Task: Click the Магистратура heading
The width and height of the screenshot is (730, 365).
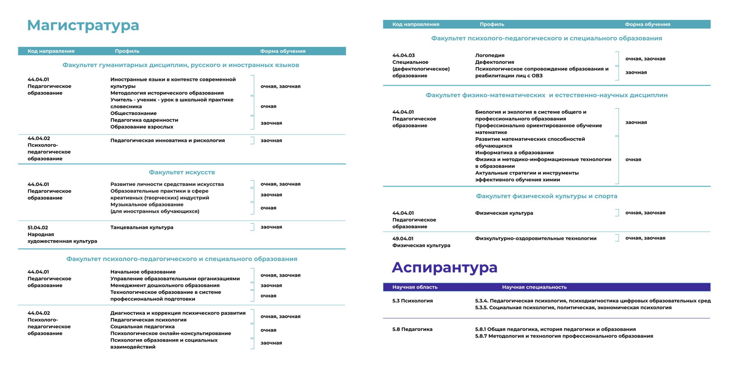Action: pyautogui.click(x=83, y=25)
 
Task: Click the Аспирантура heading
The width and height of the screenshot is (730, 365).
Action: pyautogui.click(x=444, y=267)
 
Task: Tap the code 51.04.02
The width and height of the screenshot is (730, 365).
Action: pyautogui.click(x=38, y=228)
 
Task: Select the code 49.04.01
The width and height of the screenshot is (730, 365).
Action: pyautogui.click(x=403, y=239)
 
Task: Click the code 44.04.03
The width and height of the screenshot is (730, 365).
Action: pyautogui.click(x=403, y=55)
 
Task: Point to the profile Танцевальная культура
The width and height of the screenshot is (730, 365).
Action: pyautogui.click(x=141, y=228)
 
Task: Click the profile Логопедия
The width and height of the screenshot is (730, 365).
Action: pyautogui.click(x=490, y=55)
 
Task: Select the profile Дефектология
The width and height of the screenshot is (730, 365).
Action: pyautogui.click(x=494, y=62)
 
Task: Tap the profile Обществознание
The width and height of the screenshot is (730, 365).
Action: pyautogui.click(x=133, y=113)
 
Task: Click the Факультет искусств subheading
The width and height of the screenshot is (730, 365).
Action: pyautogui.click(x=182, y=172)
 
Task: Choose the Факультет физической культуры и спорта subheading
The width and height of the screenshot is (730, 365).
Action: pyautogui.click(x=546, y=196)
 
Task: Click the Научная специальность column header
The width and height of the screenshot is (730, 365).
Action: pyautogui.click(x=534, y=287)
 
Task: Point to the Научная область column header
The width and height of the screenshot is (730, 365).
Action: pyautogui.click(x=415, y=287)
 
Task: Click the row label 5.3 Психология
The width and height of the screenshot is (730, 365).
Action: pyautogui.click(x=413, y=301)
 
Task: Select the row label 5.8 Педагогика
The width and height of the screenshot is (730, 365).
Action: pyautogui.click(x=412, y=329)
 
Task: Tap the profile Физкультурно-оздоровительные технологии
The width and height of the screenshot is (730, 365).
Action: pyautogui.click(x=535, y=239)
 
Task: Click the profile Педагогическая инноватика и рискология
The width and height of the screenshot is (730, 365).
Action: pyautogui.click(x=167, y=141)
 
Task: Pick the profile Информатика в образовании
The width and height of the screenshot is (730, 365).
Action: pyautogui.click(x=514, y=153)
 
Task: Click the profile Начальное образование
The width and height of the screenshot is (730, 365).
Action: pyautogui.click(x=143, y=272)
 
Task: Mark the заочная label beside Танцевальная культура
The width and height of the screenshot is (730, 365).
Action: pyautogui.click(x=271, y=227)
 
